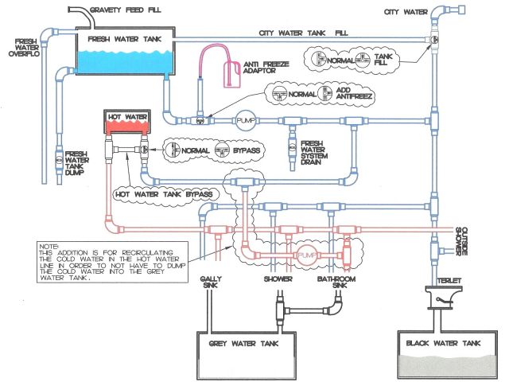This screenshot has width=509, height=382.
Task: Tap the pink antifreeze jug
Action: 232,73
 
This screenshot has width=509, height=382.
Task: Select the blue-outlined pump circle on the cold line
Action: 243,120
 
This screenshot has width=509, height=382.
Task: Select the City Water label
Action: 402,12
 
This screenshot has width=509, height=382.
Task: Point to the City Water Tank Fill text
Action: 303,33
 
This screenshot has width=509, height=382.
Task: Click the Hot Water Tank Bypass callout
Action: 164,193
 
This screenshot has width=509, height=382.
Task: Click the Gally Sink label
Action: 204,284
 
